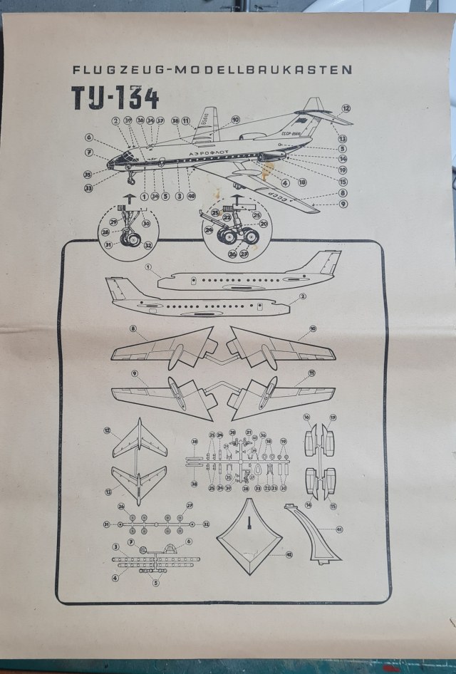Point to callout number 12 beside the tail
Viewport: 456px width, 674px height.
pos(346,109)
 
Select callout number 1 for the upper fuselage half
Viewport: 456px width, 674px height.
pos(148,269)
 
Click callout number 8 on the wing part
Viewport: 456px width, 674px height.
pos(133,328)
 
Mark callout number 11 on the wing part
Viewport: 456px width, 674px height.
pos(311,373)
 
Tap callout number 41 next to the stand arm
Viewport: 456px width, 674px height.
pos(339,529)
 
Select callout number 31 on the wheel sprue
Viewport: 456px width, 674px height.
pos(107,524)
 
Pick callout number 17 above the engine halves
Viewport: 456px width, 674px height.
pos(332,417)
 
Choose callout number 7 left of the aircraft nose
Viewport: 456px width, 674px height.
pos(90,152)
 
